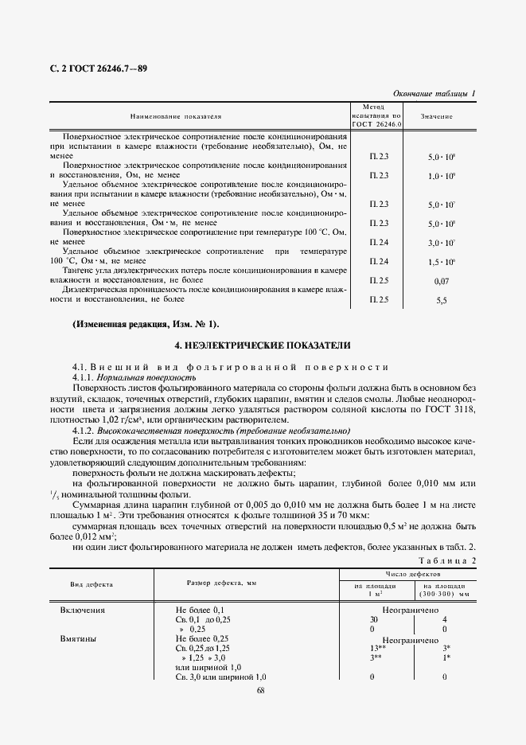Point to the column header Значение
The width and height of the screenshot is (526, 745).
pyautogui.click(x=438, y=116)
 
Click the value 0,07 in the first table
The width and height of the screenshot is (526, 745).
pyautogui.click(x=442, y=282)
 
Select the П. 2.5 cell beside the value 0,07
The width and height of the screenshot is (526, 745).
pyautogui.click(x=379, y=281)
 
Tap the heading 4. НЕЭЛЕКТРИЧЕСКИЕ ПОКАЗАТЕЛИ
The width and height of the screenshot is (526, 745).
pyautogui.click(x=262, y=345)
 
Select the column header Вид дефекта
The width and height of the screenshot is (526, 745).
pyautogui.click(x=92, y=584)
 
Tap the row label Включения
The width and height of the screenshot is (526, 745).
pyautogui.click(x=84, y=610)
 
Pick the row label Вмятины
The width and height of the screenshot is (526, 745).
pyautogui.click(x=79, y=639)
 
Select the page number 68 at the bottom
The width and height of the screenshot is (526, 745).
pyautogui.click(x=262, y=690)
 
